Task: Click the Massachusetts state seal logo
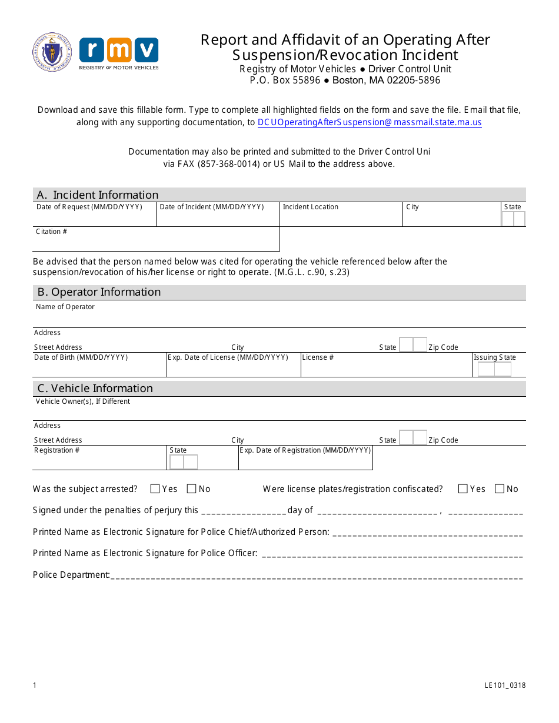pos(52,52)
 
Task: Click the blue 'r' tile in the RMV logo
pos(92,50)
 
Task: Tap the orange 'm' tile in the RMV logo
pos(119,50)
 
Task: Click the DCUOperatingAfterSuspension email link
pos(370,122)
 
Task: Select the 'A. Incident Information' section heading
pos(98,195)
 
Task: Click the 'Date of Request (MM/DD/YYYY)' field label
pos(89,207)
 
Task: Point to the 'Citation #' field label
pos(51,232)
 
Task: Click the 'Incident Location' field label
pos(310,207)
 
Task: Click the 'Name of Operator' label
pos(65,307)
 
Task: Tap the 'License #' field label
pos(318,357)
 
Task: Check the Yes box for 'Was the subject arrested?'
pos(155,488)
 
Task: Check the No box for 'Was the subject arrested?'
pos(191,488)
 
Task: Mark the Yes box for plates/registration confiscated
pos(462,488)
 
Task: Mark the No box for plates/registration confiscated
pos(500,488)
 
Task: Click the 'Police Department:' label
pos(71,575)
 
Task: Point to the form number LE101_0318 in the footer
pos(505,685)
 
